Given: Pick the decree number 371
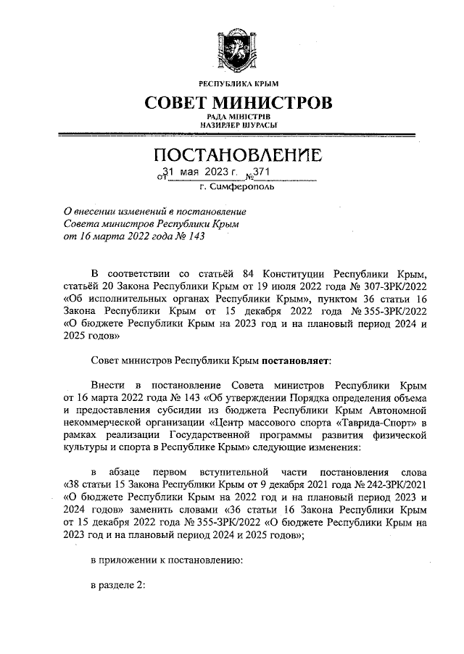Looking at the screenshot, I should (262, 172).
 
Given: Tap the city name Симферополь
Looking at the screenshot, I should (246, 186).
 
